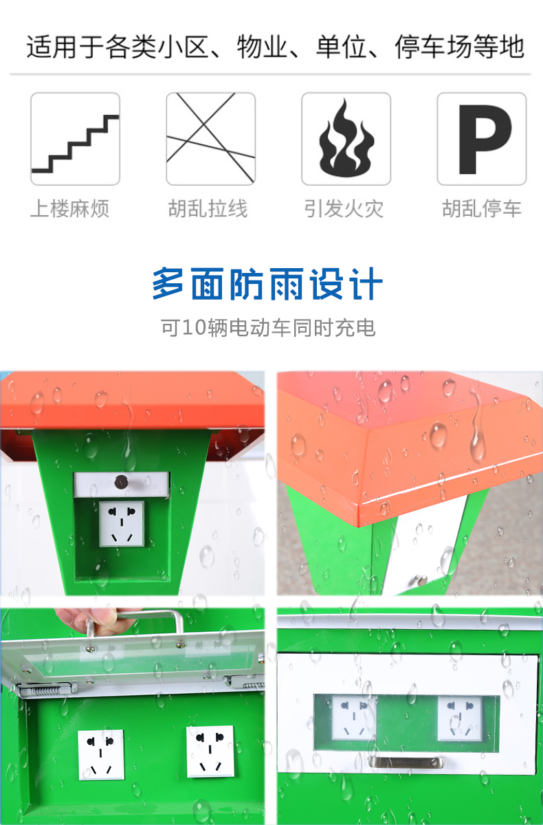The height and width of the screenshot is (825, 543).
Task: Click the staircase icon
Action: (75, 143)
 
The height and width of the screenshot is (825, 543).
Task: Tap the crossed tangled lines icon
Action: (210, 138)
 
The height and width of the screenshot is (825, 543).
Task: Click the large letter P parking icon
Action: (485, 139)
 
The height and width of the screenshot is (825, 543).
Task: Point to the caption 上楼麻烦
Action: (69, 209)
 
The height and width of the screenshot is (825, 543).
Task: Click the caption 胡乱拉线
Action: (208, 209)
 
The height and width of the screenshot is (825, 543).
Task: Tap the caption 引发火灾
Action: (344, 209)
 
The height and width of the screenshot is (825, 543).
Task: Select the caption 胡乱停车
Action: (482, 209)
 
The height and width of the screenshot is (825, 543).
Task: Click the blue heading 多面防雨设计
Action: (267, 284)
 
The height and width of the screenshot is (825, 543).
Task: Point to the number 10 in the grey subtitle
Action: (194, 327)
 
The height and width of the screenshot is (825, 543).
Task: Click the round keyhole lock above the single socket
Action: (121, 482)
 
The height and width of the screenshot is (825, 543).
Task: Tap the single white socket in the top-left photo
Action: (122, 523)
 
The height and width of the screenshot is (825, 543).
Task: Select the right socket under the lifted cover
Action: (210, 752)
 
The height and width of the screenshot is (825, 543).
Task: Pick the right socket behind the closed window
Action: (460, 718)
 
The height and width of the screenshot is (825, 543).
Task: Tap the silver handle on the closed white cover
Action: (406, 762)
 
